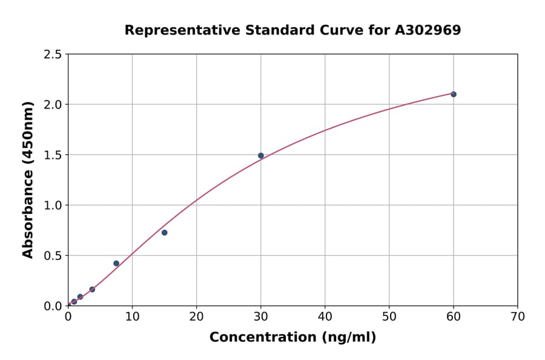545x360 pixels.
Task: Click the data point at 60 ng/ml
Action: [454, 94]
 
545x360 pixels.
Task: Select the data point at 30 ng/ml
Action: [261, 156]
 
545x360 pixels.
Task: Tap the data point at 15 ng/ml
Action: [164, 233]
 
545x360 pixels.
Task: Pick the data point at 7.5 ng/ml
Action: [116, 264]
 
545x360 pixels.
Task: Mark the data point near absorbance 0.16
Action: [92, 290]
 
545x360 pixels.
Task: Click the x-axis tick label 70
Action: [518, 316]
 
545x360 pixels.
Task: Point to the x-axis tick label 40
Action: [325, 316]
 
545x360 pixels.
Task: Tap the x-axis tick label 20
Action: [196, 316]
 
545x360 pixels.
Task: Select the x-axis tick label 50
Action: [389, 316]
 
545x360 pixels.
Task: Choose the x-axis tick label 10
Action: [132, 316]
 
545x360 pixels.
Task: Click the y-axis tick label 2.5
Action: [53, 55]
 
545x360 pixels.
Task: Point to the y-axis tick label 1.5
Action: [53, 155]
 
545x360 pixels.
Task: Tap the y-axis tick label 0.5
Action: [53, 256]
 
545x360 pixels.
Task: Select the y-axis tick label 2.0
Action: [53, 105]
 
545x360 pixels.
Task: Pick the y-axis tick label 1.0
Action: [53, 205]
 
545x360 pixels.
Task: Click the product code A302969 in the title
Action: [428, 30]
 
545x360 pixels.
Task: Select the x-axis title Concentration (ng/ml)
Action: [292, 338]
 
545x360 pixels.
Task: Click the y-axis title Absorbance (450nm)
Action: [28, 179]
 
